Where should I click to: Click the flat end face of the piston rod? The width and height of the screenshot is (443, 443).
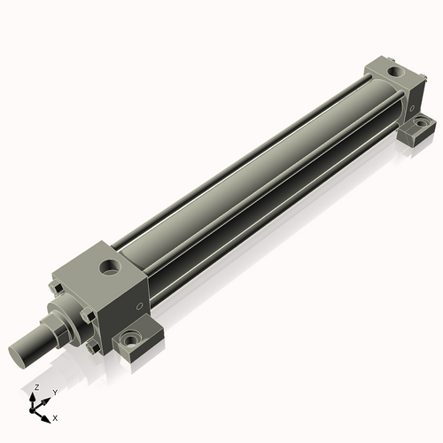24,353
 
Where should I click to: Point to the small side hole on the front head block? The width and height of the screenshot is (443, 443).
137,307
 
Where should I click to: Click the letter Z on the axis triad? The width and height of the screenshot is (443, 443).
36,388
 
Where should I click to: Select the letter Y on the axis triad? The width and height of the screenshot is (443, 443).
55,391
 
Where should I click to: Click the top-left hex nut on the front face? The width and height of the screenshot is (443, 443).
58,287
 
